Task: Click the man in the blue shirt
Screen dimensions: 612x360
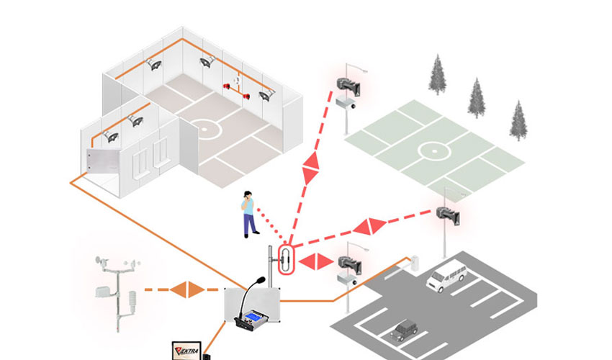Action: pos(248,214)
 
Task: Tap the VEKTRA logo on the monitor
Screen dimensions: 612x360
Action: pos(186,351)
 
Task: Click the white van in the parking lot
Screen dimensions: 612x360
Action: pos(447,276)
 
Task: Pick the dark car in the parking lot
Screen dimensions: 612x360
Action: pos(404,330)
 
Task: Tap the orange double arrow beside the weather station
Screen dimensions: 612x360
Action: pos(188,289)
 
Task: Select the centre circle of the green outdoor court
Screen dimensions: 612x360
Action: pos(434,150)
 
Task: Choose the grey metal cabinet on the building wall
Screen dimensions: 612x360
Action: pos(102,161)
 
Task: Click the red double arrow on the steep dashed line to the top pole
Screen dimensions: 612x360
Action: pos(311,168)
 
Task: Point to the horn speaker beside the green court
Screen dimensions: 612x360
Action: pos(448,215)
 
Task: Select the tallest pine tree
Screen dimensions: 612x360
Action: pos(438,74)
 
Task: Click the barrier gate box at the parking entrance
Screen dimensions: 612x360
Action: pos(415,263)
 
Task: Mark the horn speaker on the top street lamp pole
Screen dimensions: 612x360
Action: pos(348,86)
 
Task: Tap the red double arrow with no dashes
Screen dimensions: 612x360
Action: pos(317,261)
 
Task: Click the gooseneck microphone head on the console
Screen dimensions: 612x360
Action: pos(259,280)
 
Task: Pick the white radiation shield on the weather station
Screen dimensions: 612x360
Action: pos(132,301)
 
